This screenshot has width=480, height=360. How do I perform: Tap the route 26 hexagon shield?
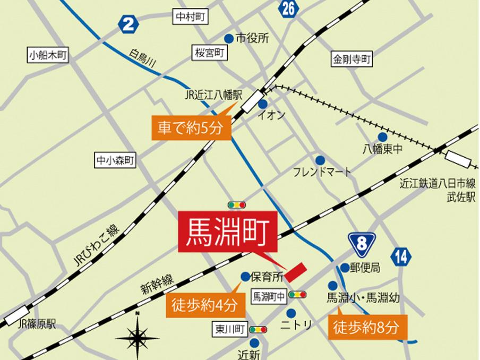[287, 9]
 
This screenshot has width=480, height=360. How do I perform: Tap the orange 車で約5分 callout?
[191, 128]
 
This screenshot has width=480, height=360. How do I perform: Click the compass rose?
[138, 336]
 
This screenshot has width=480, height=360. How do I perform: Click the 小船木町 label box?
[49, 55]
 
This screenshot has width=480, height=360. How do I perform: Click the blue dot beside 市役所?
[228, 38]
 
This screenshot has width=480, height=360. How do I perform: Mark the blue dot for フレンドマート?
[320, 160]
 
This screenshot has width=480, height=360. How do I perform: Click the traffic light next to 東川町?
[259, 330]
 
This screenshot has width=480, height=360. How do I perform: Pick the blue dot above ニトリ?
[291, 312]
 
